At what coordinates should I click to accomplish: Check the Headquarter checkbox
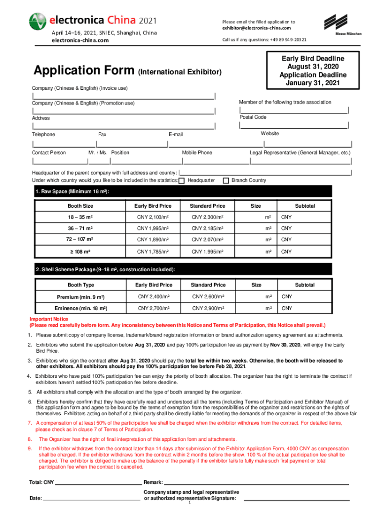tap(182, 180)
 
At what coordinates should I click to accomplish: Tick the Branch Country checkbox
tap(226, 180)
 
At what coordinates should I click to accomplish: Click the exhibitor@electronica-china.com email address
tap(257, 28)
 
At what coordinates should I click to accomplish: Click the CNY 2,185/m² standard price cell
tap(208, 228)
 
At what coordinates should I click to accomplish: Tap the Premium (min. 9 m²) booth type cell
tap(80, 296)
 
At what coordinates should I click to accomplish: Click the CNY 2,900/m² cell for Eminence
tap(208, 308)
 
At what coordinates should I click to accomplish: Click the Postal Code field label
tap(253, 117)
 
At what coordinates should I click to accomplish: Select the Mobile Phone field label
tap(197, 153)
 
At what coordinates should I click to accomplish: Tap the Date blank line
tap(91, 499)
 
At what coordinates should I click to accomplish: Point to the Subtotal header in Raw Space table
tap(304, 206)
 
